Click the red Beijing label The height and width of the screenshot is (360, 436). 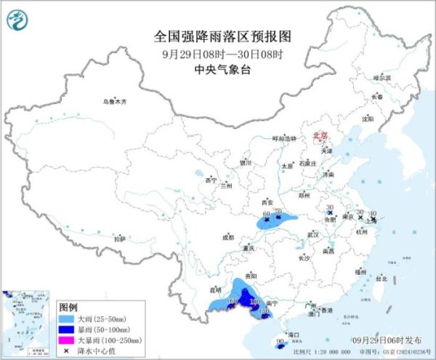(x=320, y=135)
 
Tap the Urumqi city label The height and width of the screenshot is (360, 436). (x=114, y=101)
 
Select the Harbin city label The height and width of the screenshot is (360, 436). (x=381, y=77)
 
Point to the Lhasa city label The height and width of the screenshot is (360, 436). (x=120, y=239)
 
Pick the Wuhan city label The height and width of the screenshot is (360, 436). (x=313, y=235)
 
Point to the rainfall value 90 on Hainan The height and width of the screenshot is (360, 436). (x=280, y=340)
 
